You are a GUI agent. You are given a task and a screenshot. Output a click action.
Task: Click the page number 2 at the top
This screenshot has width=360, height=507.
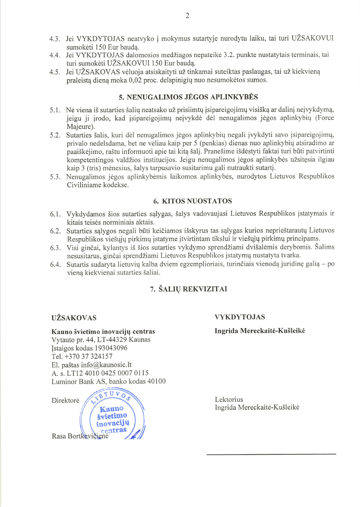click(x=187, y=16)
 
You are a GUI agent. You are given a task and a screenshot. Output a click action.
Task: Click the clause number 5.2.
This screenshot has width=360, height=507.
click(x=55, y=136)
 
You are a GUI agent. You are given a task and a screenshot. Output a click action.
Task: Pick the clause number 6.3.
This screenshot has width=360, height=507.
click(x=55, y=248)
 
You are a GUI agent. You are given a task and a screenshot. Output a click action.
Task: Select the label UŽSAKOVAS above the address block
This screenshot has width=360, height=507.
click(x=74, y=318)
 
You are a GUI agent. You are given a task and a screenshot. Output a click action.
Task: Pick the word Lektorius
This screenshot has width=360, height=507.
click(x=229, y=400)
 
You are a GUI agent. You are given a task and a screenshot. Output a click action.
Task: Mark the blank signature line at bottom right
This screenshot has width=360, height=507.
click(x=271, y=454)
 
